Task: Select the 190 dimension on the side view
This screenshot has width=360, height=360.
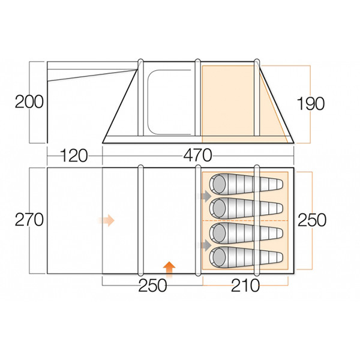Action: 310,103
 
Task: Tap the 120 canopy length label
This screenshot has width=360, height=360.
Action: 74,156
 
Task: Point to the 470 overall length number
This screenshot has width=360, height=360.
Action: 197,156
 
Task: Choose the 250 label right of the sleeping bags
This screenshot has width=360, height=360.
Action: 311,220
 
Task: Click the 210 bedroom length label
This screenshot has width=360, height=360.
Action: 245,285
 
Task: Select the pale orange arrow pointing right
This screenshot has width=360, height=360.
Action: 107,220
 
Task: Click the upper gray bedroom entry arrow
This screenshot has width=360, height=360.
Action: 206,196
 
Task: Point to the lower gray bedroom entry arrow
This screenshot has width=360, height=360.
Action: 206,245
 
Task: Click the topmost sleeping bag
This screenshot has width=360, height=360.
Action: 246,184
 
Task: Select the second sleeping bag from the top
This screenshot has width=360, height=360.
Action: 246,208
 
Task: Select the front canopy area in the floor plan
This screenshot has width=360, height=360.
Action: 74,220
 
